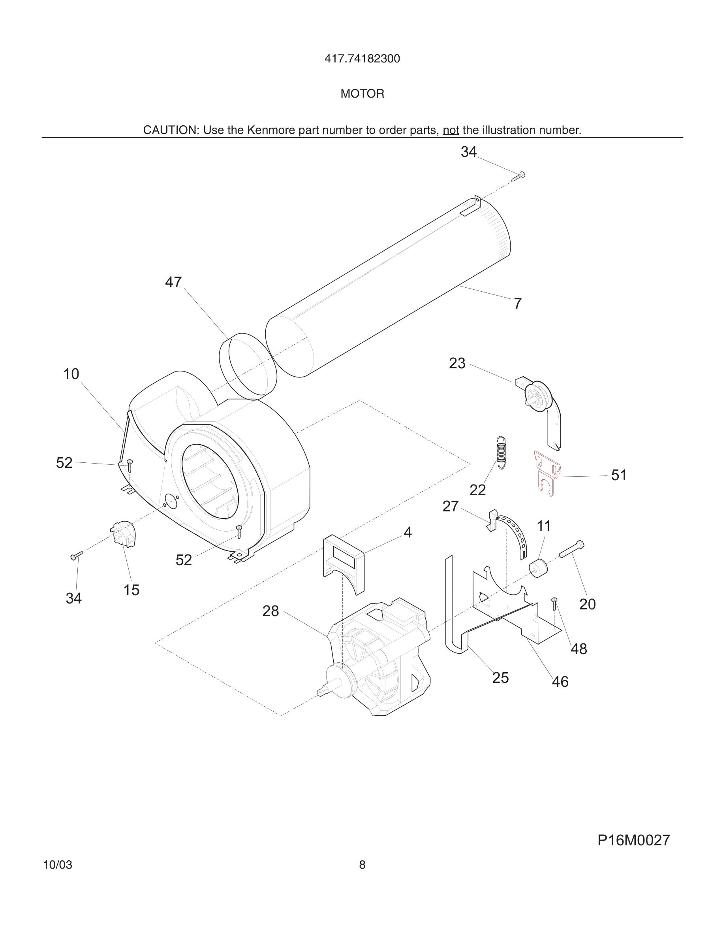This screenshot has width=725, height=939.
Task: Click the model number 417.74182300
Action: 362,59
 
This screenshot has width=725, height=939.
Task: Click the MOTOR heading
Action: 362,94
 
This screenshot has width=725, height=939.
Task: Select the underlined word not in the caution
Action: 451,130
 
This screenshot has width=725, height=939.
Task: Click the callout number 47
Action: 173,283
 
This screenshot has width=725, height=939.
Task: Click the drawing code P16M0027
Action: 633,840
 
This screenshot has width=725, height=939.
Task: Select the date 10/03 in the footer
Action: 58,865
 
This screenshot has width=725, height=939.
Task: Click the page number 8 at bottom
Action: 362,865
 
